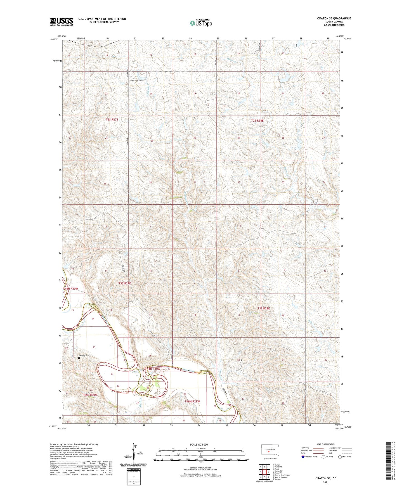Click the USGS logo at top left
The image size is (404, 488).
point(62,22)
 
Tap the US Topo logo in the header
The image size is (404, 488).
point(201,23)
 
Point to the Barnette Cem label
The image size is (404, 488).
point(83,355)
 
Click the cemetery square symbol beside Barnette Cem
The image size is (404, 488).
point(79,358)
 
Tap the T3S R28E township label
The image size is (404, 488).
point(264,309)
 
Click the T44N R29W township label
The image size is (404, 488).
point(192,401)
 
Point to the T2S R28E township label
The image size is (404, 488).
point(257,121)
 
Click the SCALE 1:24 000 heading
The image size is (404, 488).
point(199,445)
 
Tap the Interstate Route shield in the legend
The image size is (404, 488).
point(303,456)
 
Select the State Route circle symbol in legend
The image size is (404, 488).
point(340,456)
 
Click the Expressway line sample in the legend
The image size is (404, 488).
point(319,448)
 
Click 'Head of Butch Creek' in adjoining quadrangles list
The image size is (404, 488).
point(281,475)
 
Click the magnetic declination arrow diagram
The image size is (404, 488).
point(134,453)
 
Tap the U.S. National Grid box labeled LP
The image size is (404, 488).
point(133,476)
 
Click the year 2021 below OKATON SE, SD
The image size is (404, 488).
point(325,482)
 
